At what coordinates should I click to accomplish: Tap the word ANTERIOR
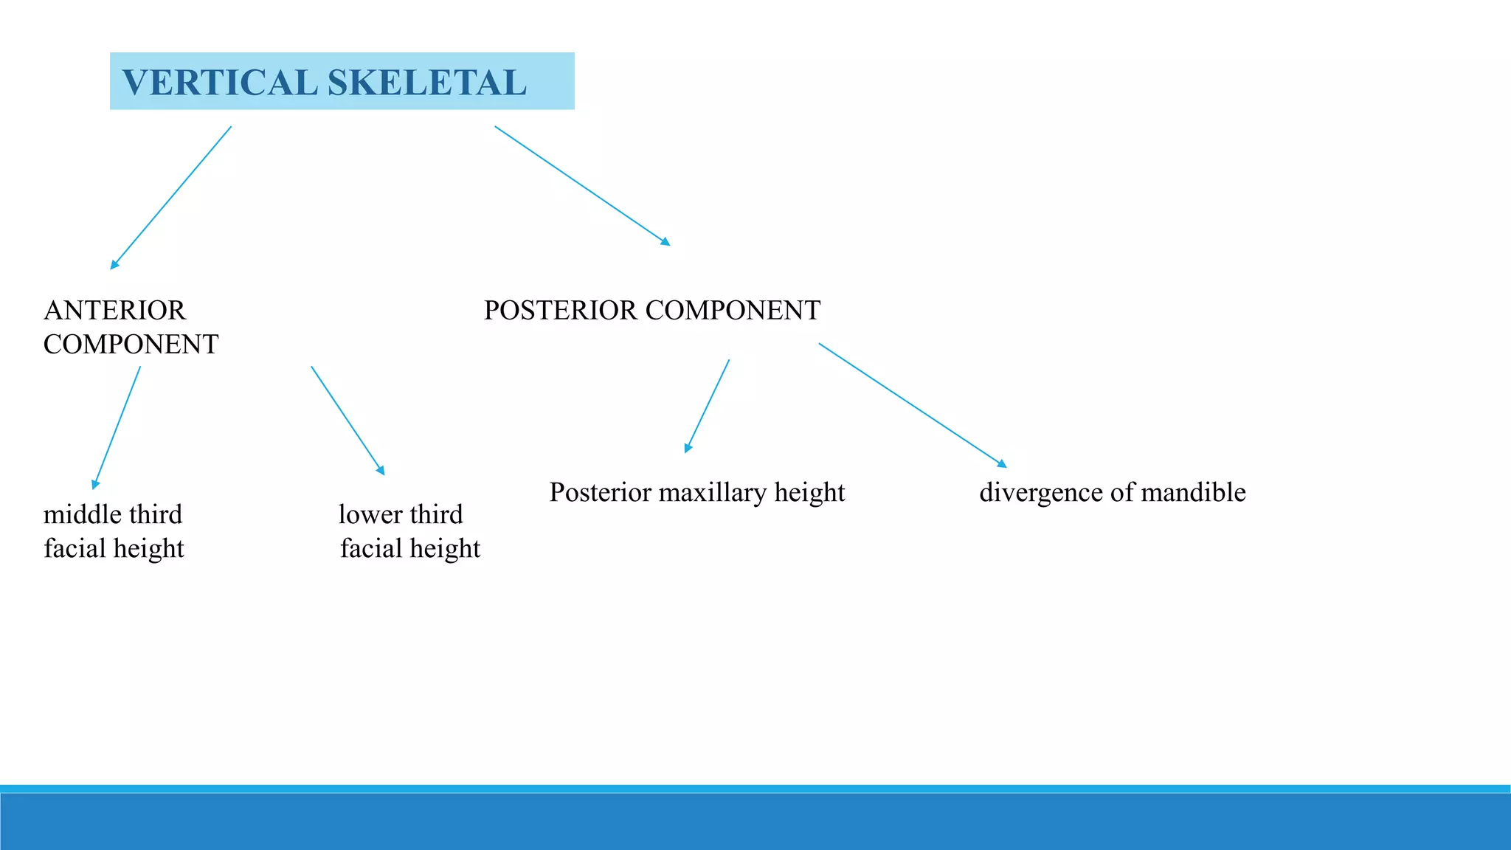(x=114, y=311)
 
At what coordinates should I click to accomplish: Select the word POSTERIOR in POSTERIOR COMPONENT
(x=561, y=311)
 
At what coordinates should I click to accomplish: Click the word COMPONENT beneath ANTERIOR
(x=131, y=345)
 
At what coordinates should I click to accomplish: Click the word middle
(x=77, y=514)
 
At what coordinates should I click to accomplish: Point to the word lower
(x=370, y=514)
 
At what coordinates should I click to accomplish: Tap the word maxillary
(x=713, y=493)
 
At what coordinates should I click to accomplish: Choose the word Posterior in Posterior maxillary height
(x=600, y=493)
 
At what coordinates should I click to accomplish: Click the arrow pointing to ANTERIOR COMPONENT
(x=171, y=198)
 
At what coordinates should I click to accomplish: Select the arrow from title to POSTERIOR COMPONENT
(x=582, y=185)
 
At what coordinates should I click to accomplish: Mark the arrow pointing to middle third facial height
(x=117, y=428)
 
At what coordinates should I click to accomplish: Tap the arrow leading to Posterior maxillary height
(x=708, y=406)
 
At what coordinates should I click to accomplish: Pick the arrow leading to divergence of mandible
(x=913, y=405)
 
